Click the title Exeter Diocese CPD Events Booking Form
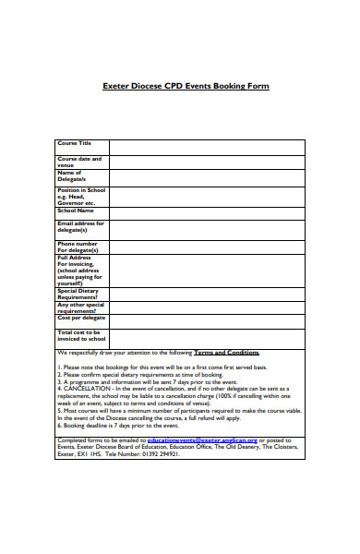(185, 87)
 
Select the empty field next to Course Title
(207, 147)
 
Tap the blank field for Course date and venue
(207, 163)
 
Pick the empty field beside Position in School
(207, 197)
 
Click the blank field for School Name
(207, 213)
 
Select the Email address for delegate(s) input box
(207, 229)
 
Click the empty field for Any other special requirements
(207, 307)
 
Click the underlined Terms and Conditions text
(226, 353)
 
